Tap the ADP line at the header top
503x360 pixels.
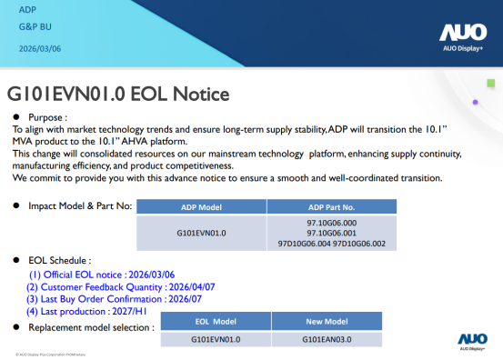27,10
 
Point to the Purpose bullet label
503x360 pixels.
47,118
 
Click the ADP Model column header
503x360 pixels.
201,206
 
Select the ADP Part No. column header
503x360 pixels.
332,206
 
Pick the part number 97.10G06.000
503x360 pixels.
332,221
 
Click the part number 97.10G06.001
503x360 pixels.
332,232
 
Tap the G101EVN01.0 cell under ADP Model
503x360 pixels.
201,232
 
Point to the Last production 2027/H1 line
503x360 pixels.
87,312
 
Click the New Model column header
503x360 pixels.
327,322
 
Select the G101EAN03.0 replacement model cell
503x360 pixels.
327,339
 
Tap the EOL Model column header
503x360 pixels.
216,322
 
